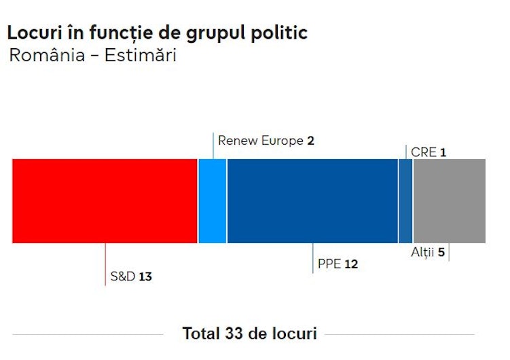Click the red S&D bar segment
[105, 201]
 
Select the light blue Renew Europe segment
[213, 201]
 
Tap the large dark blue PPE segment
[312, 201]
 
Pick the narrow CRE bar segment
[405, 201]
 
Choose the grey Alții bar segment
[450, 201]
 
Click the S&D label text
[123, 276]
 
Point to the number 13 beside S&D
[145, 276]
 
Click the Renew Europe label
[261, 141]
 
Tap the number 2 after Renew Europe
[310, 141]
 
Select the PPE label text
[329, 264]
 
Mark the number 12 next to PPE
[351, 264]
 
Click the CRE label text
[424, 152]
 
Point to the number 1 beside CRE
[443, 153]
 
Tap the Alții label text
[422, 252]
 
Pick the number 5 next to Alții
[441, 252]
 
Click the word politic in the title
[279, 33]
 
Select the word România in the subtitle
[47, 55]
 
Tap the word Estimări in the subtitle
[141, 55]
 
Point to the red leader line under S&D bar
[105, 264]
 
